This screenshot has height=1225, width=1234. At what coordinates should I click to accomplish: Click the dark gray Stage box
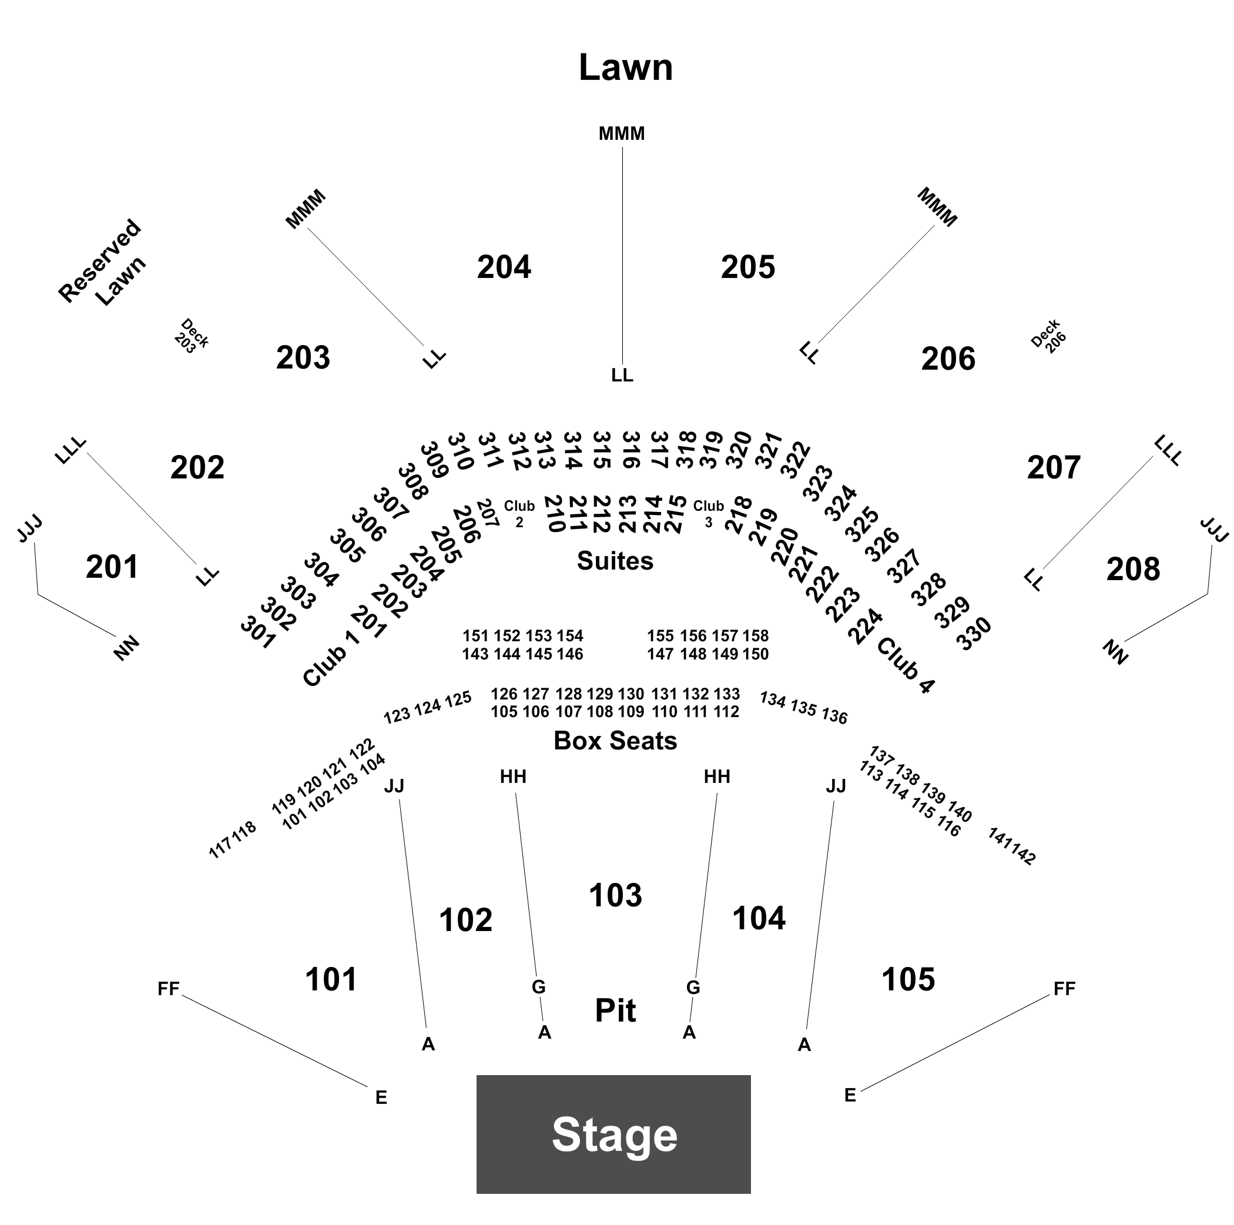613,1134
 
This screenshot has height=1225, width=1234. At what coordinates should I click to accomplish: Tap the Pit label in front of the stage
615,1010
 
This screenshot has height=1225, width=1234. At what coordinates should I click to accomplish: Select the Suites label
615,560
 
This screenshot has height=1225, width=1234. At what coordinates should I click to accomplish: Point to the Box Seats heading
615,740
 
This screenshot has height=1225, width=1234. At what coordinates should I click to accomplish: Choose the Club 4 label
906,665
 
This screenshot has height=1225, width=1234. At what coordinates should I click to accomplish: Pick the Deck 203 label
191,336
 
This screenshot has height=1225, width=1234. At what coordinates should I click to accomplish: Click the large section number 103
615,895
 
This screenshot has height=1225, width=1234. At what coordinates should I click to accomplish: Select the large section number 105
908,978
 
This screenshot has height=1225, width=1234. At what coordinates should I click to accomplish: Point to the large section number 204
504,266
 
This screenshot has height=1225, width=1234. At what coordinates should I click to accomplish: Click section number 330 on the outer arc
974,633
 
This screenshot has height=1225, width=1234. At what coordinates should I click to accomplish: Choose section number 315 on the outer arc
602,450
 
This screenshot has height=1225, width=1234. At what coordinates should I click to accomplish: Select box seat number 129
600,694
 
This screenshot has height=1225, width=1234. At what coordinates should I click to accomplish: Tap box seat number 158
756,635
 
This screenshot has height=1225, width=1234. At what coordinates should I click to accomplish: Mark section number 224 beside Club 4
866,626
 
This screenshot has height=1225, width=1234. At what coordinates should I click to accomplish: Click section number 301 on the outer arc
258,632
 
